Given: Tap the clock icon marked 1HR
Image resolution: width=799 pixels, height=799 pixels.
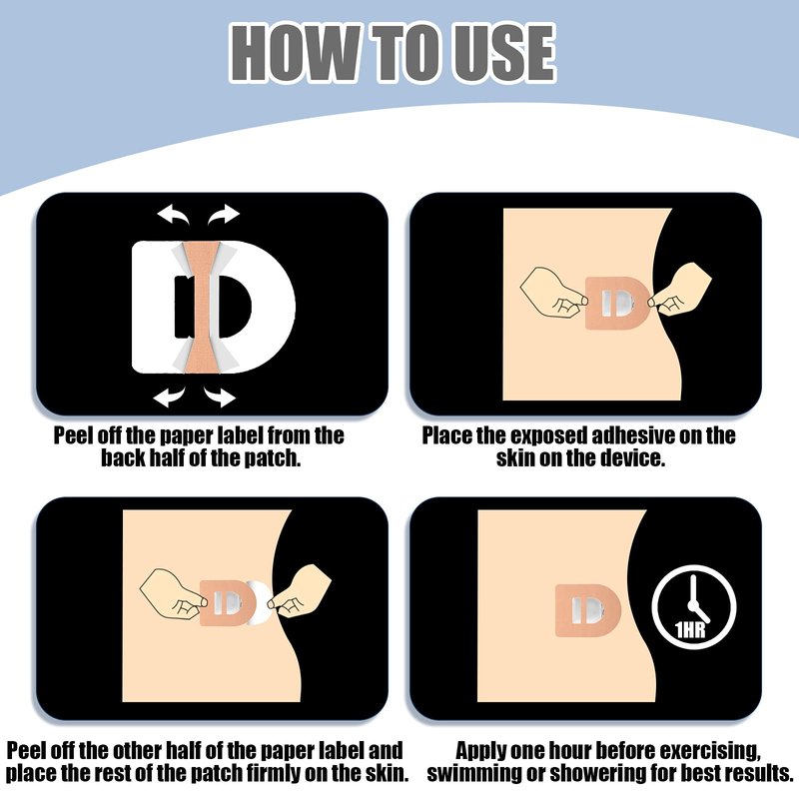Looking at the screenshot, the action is [x=693, y=606].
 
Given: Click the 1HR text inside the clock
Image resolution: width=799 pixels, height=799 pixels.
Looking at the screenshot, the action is [x=690, y=630].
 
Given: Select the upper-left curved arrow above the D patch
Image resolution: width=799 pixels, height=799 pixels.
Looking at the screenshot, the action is [x=173, y=215].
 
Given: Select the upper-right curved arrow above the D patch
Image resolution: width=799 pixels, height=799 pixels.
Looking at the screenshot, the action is [x=223, y=215].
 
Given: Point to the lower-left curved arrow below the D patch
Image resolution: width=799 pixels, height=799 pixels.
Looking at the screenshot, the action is [x=169, y=396].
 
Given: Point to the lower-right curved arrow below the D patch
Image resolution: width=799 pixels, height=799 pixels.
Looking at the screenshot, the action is [x=220, y=396].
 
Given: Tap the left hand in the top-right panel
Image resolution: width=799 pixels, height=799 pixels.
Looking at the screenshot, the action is [x=552, y=293].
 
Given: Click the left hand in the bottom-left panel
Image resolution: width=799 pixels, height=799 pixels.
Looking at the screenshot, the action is [x=173, y=594].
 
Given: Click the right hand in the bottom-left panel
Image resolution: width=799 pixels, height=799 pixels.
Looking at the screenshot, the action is [x=299, y=591].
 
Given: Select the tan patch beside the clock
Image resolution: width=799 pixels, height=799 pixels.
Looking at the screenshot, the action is [x=588, y=610].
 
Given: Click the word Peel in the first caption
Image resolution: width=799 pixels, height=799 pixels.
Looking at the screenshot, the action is [x=73, y=435].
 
